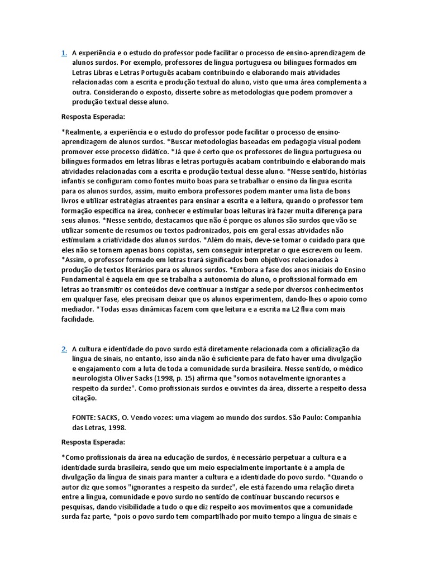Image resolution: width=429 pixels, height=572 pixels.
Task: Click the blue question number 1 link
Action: (x=64, y=53)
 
